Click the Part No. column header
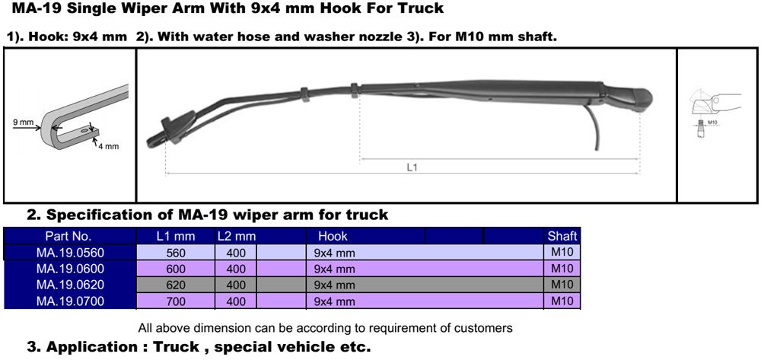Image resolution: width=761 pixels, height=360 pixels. (68, 236)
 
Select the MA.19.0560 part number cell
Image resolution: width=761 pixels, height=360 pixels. (70, 252)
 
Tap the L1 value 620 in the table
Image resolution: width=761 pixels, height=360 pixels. (176, 285)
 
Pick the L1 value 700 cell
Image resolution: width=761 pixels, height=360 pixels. (176, 301)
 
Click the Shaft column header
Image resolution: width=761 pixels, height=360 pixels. (562, 236)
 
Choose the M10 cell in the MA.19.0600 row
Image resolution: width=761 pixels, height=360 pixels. (562, 269)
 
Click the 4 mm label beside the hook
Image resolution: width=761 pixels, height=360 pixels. (109, 145)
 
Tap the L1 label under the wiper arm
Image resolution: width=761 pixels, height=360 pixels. (412, 167)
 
